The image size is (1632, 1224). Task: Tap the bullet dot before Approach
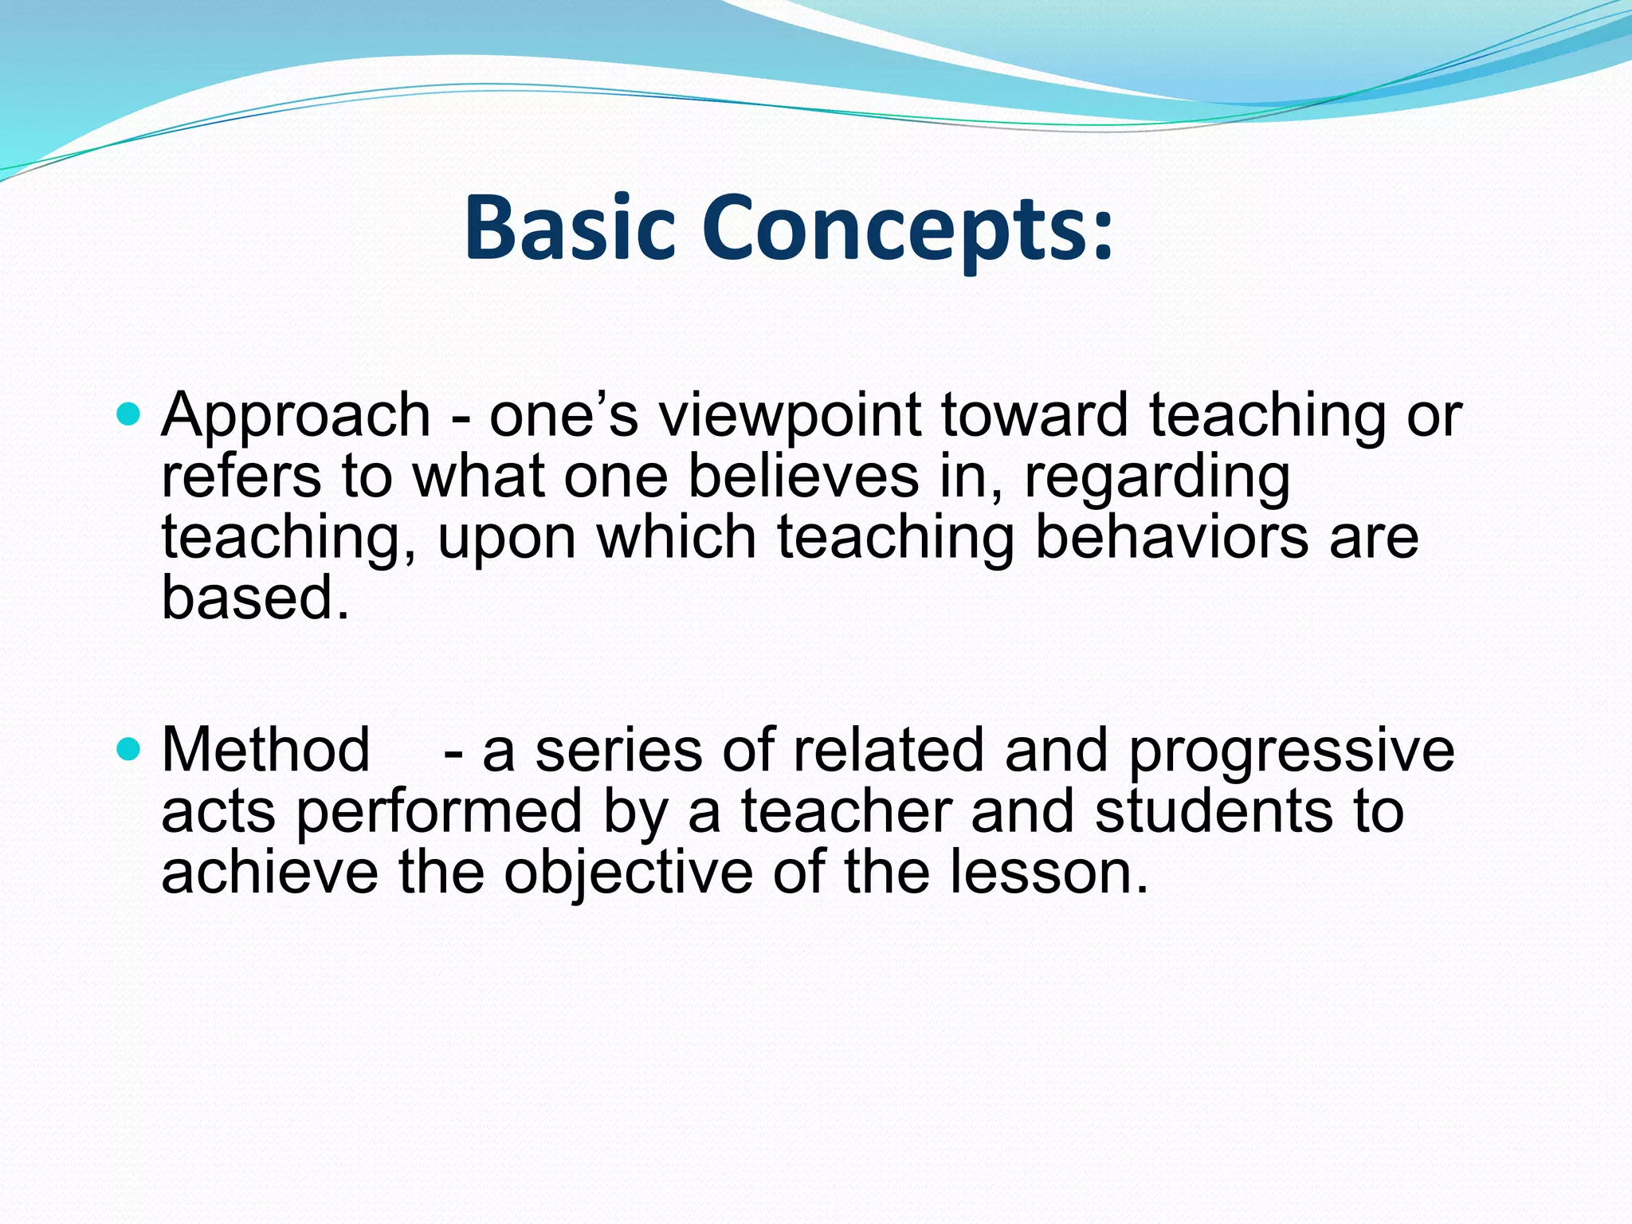click(x=127, y=414)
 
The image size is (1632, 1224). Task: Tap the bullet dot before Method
click(x=127, y=749)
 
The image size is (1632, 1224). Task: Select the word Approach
click(x=296, y=417)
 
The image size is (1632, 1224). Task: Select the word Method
click(x=265, y=750)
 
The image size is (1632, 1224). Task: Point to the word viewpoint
click(x=789, y=417)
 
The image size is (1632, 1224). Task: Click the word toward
click(x=1034, y=415)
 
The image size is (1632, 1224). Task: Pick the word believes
click(x=802, y=477)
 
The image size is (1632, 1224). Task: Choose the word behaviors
click(x=1171, y=536)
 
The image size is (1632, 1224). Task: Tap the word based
click(x=255, y=598)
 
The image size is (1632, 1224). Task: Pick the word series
click(x=618, y=751)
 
